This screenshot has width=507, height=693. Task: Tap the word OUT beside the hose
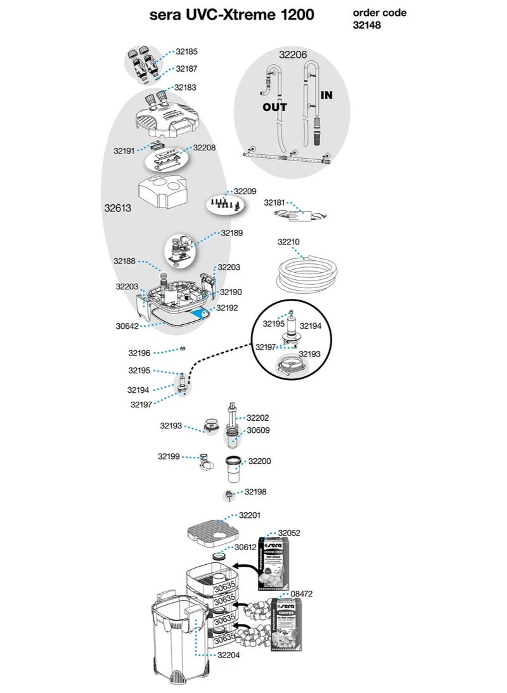tap(274, 107)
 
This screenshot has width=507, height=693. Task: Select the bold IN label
tap(326, 95)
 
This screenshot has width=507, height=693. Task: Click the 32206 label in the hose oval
tap(293, 55)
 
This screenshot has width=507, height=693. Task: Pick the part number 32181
tap(275, 202)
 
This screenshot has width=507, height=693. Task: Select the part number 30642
tap(127, 326)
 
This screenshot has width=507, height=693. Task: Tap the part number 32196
tap(139, 353)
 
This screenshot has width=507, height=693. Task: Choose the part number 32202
tap(258, 418)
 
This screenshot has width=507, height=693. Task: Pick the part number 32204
tap(228, 655)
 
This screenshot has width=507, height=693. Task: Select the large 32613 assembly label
tap(118, 208)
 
